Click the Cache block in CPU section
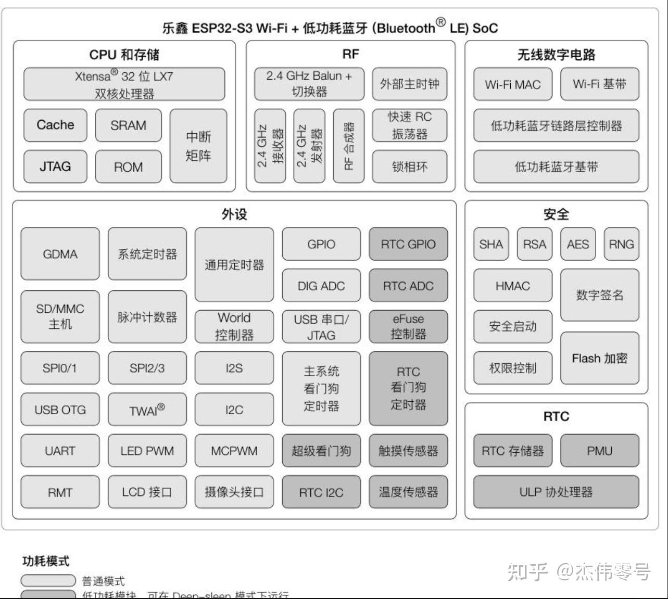tap(55, 125)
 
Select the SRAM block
tap(128, 125)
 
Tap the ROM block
tap(128, 167)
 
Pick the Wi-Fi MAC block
tap(512, 84)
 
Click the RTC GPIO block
tap(408, 244)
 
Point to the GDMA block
tap(60, 254)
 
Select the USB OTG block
tap(60, 410)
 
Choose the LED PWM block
tap(147, 451)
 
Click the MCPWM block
tap(234, 451)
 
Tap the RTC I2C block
tap(321, 492)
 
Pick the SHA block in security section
tap(491, 244)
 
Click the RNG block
tap(621, 244)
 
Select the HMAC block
tap(512, 286)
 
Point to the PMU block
tap(599, 451)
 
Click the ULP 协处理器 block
tap(556, 492)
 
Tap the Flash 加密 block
tap(599, 359)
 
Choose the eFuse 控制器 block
tap(408, 327)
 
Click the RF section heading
tap(350, 55)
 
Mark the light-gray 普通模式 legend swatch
tap(48, 580)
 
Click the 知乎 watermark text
tap(527, 571)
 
